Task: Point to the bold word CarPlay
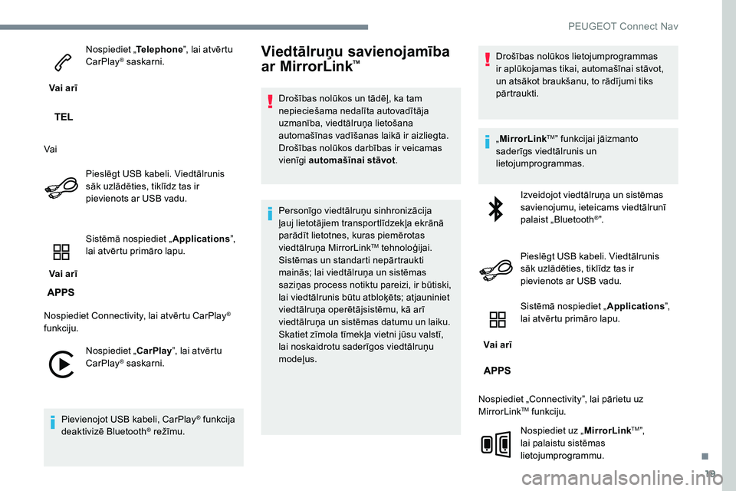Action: point(156,351)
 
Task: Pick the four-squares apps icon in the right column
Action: point(497,321)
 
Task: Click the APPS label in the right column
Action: point(498,370)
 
